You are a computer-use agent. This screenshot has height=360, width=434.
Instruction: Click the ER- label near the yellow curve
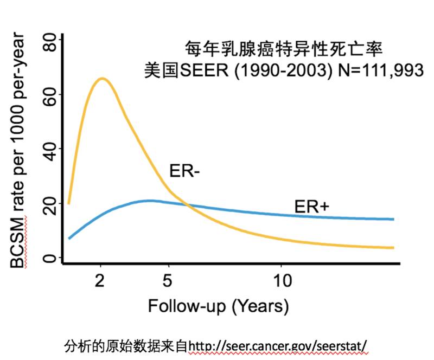pos(185,171)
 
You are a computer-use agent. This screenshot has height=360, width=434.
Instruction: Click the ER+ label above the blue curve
pos(312,207)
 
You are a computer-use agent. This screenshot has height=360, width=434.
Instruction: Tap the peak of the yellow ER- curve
pos(101,79)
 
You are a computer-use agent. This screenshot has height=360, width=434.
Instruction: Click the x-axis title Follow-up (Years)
pos(218,306)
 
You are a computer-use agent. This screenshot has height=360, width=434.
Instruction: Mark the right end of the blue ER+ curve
pos(393,219)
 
